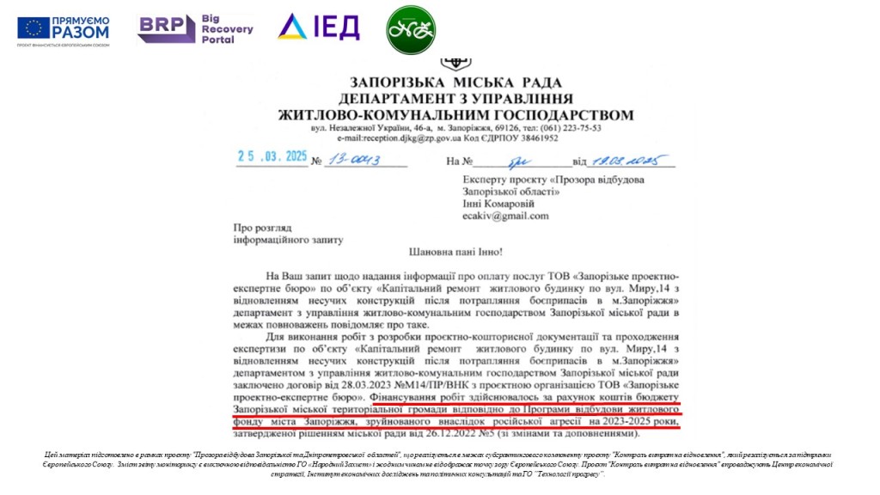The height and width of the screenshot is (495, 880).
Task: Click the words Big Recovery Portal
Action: [x=227, y=28]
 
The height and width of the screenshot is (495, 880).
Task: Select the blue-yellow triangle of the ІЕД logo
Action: [x=293, y=27]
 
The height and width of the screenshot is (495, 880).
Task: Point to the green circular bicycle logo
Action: [x=410, y=30]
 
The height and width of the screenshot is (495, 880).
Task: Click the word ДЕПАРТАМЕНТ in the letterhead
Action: [x=401, y=98]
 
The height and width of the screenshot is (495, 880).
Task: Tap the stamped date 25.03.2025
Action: [x=272, y=159]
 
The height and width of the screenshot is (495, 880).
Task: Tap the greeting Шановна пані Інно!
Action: [x=452, y=253]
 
